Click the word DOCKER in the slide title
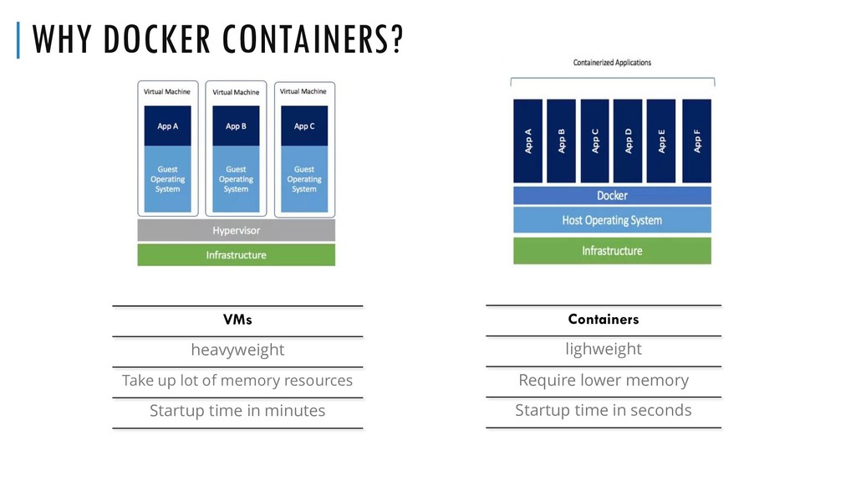(148, 41)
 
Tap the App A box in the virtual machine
(167, 126)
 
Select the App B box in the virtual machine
(236, 126)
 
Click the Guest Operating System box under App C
(304, 179)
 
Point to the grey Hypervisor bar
(236, 230)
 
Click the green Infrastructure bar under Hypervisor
(236, 255)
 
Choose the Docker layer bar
(612, 196)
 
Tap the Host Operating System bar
(612, 220)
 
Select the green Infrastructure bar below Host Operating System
(612, 251)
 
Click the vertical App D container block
(628, 141)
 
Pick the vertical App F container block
(697, 141)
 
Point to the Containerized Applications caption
(612, 63)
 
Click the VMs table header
(237, 320)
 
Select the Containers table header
(603, 319)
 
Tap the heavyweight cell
(237, 350)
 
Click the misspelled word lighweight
(603, 349)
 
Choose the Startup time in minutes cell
(237, 411)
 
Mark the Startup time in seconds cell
(603, 410)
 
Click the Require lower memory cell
(603, 380)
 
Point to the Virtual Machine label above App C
(303, 91)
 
